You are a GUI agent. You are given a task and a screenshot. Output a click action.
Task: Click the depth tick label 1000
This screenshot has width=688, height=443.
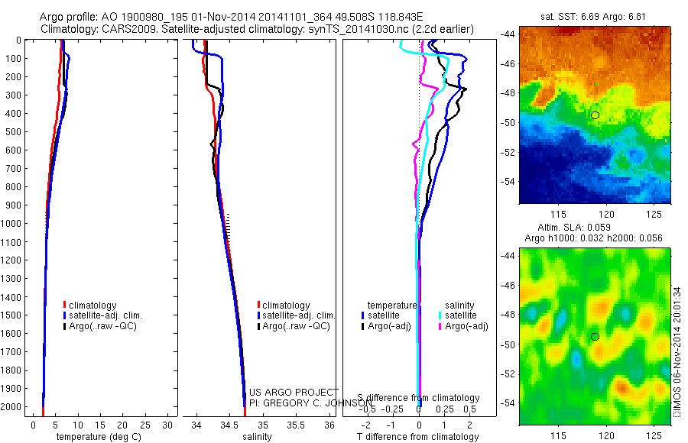(12, 224)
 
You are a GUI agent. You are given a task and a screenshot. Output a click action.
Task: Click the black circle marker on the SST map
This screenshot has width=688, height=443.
(595, 115)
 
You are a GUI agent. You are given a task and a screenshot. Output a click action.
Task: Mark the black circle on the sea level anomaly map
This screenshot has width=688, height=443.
(595, 337)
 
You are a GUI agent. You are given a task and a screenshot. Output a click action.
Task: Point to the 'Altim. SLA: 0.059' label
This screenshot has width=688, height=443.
(595, 228)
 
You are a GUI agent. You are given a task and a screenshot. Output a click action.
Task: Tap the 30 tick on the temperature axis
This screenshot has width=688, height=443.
(167, 425)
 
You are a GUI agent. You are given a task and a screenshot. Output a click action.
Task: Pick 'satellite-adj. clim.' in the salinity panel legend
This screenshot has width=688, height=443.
(299, 315)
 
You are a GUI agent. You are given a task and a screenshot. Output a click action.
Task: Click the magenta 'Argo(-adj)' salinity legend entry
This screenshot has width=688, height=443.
(466, 326)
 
